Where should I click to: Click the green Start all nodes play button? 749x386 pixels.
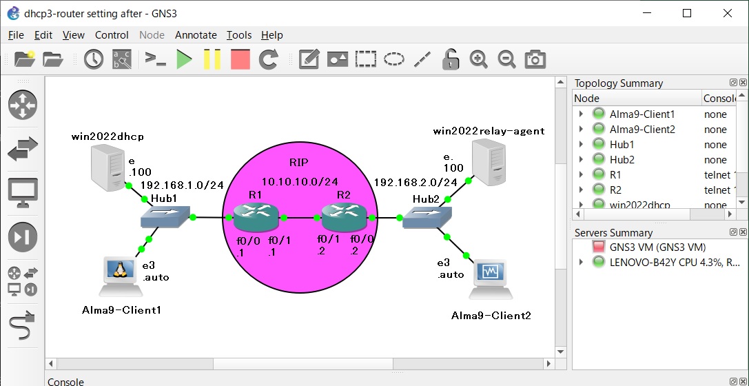(185, 59)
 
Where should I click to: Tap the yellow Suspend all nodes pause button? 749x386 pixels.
(212, 59)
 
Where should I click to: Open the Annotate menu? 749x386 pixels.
(196, 35)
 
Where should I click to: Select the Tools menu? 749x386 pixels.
(239, 35)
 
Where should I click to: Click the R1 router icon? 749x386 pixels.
(255, 217)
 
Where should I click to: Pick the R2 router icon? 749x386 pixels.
(344, 217)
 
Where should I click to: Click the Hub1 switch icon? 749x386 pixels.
(165, 216)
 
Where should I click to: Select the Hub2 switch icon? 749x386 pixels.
(427, 217)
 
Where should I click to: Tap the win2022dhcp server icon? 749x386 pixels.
(109, 167)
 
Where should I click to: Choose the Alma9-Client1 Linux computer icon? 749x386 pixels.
(119, 277)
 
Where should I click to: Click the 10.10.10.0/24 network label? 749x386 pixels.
(300, 181)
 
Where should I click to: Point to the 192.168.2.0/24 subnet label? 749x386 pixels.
(415, 182)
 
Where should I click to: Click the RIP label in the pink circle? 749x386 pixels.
(299, 163)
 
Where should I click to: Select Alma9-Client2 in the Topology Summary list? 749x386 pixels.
(642, 130)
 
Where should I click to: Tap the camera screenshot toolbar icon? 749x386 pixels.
(535, 59)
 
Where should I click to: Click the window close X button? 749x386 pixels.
(727, 13)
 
